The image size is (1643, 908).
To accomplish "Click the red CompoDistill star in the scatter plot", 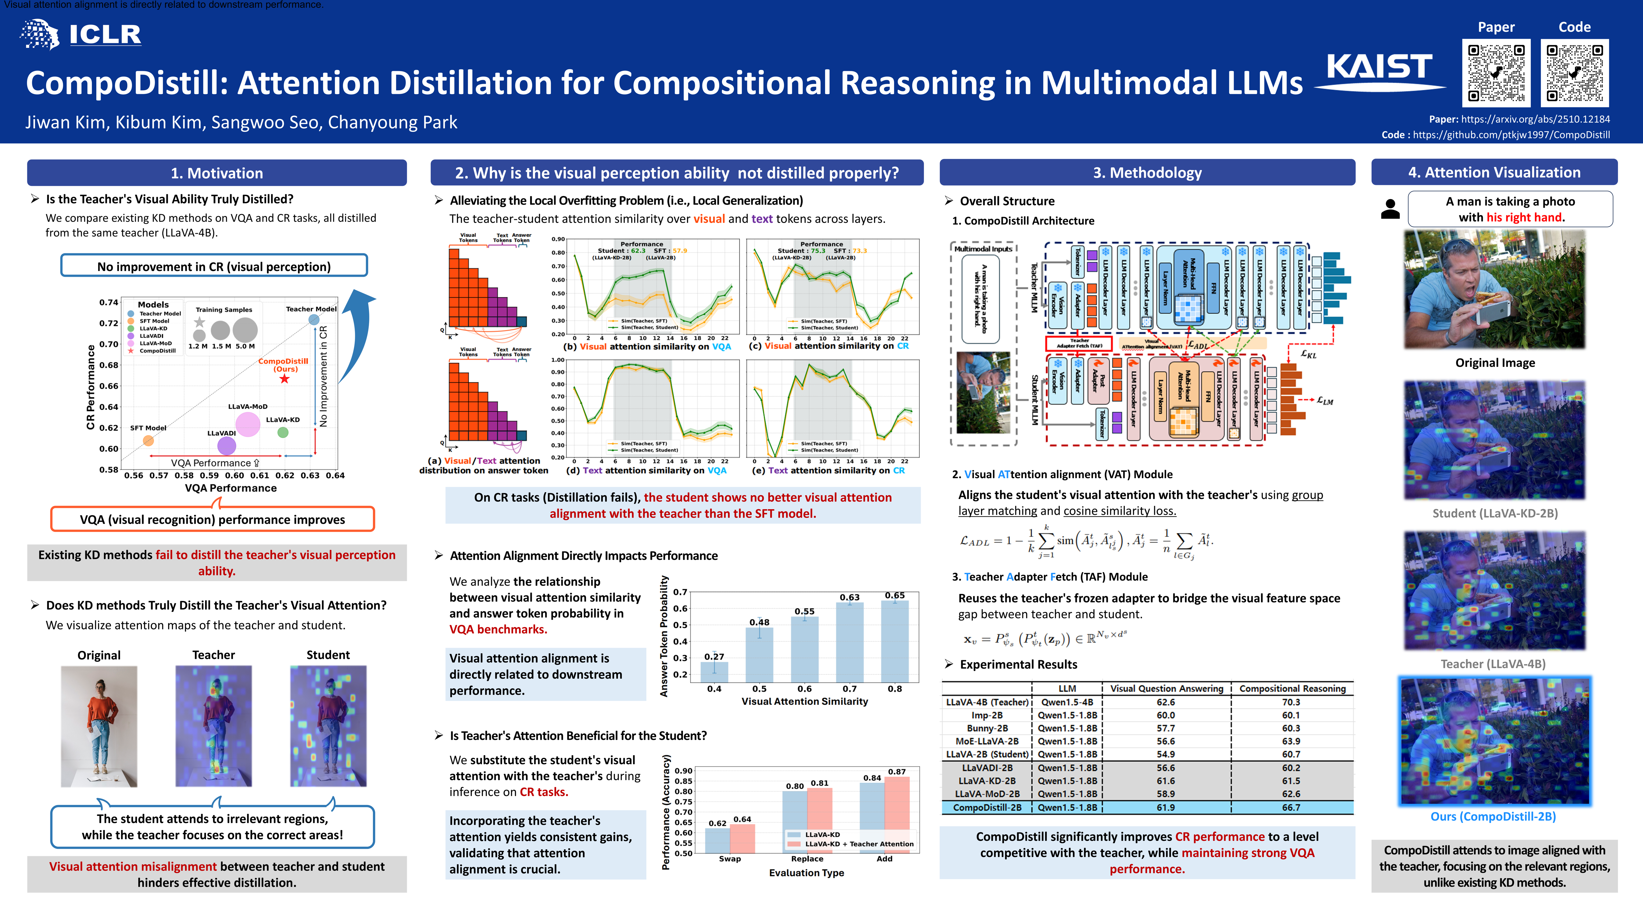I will (284, 379).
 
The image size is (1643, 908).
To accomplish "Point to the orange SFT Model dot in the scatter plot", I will (148, 440).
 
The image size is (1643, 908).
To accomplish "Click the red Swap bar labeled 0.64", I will (743, 838).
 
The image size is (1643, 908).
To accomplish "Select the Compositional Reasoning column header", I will (1292, 688).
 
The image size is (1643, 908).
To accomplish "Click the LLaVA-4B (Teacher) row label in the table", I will (987, 702).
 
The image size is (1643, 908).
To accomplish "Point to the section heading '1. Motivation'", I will (217, 173).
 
